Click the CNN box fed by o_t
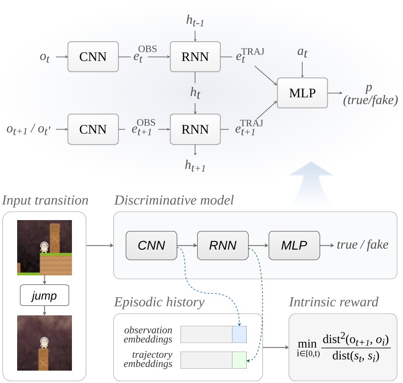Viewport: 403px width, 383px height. [x=93, y=57]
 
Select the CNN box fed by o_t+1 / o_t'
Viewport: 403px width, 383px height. [x=93, y=129]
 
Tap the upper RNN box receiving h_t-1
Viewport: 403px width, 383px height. [x=195, y=57]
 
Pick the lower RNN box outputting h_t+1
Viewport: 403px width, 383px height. [x=195, y=129]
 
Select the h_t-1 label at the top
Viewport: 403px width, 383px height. [x=195, y=20]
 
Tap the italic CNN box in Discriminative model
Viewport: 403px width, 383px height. [x=151, y=245]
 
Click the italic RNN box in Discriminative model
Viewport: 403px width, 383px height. [x=222, y=245]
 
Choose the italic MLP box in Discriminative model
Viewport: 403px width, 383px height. [x=293, y=245]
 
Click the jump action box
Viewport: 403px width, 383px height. [x=44, y=296]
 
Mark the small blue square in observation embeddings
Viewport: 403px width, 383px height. [x=239, y=334]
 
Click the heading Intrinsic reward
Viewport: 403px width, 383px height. [x=333, y=302]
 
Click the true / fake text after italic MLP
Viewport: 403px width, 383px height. [x=362, y=245]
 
